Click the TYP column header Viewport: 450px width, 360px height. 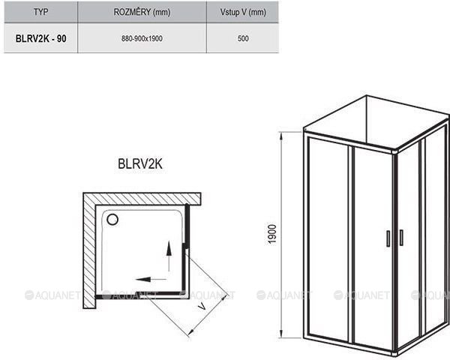(40, 12)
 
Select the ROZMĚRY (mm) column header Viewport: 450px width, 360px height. (142, 12)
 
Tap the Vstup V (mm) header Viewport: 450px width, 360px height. (243, 12)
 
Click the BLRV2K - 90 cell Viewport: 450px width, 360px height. (40, 38)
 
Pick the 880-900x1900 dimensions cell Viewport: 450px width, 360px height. (142, 38)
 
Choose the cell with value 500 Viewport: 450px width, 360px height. (243, 38)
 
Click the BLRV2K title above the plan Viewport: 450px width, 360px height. (140, 164)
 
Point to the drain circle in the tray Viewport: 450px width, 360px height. (112, 220)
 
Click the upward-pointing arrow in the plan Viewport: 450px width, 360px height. (169, 256)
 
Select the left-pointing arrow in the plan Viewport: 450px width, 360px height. (151, 279)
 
